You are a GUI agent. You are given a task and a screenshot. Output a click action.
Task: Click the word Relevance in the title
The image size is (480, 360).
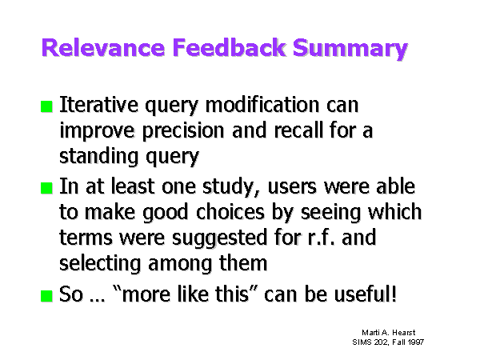(103, 47)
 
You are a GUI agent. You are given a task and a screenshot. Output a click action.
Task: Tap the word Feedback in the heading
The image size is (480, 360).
(229, 47)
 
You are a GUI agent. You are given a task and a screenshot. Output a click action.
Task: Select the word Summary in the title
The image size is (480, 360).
(350, 50)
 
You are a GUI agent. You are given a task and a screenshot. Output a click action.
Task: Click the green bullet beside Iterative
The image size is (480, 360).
(46, 106)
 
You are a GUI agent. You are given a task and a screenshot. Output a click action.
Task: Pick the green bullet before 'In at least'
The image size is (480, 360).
(46, 188)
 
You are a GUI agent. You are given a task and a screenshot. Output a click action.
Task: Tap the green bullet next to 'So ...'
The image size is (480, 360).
(46, 296)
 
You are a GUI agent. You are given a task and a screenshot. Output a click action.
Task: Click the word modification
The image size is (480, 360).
(262, 105)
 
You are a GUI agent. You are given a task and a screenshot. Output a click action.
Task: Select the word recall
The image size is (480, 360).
(298, 130)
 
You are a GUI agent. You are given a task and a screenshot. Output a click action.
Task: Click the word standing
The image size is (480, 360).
(99, 157)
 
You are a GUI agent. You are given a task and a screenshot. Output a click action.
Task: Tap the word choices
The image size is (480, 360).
(230, 212)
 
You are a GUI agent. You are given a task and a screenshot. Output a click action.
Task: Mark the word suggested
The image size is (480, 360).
(219, 238)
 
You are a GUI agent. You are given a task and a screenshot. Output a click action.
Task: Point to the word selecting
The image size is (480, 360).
(100, 264)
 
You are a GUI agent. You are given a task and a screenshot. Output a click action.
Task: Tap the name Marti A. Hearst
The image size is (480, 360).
(389, 333)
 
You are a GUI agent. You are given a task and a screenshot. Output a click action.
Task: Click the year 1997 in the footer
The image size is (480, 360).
(416, 342)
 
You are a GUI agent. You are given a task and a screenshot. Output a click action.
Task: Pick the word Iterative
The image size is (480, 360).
(98, 105)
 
